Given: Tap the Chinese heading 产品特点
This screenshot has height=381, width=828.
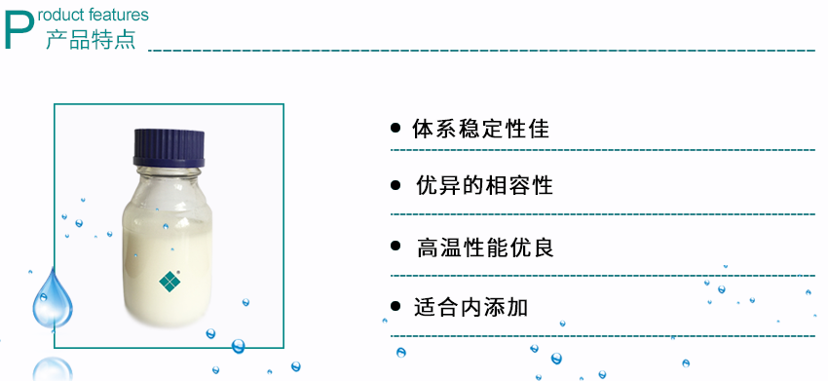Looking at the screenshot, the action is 91,40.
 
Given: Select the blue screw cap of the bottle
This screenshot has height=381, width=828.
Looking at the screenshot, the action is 170,146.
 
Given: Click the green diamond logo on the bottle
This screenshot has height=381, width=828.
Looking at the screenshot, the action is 170,280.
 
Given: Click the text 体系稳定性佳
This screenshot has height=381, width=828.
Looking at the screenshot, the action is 480,129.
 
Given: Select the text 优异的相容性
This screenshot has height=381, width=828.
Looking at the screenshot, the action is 484,185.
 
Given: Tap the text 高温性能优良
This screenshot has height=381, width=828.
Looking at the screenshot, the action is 484,248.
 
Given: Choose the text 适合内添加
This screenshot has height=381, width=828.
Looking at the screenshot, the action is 470,307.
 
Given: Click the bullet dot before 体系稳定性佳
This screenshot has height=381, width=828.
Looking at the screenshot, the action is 395,128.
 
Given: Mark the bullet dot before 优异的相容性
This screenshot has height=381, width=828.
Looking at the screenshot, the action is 395,185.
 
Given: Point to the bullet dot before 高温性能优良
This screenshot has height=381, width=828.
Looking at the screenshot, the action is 395,248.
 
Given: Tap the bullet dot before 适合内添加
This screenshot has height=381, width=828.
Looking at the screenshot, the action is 395,307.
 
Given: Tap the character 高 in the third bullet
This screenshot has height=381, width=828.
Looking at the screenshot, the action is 427,248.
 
